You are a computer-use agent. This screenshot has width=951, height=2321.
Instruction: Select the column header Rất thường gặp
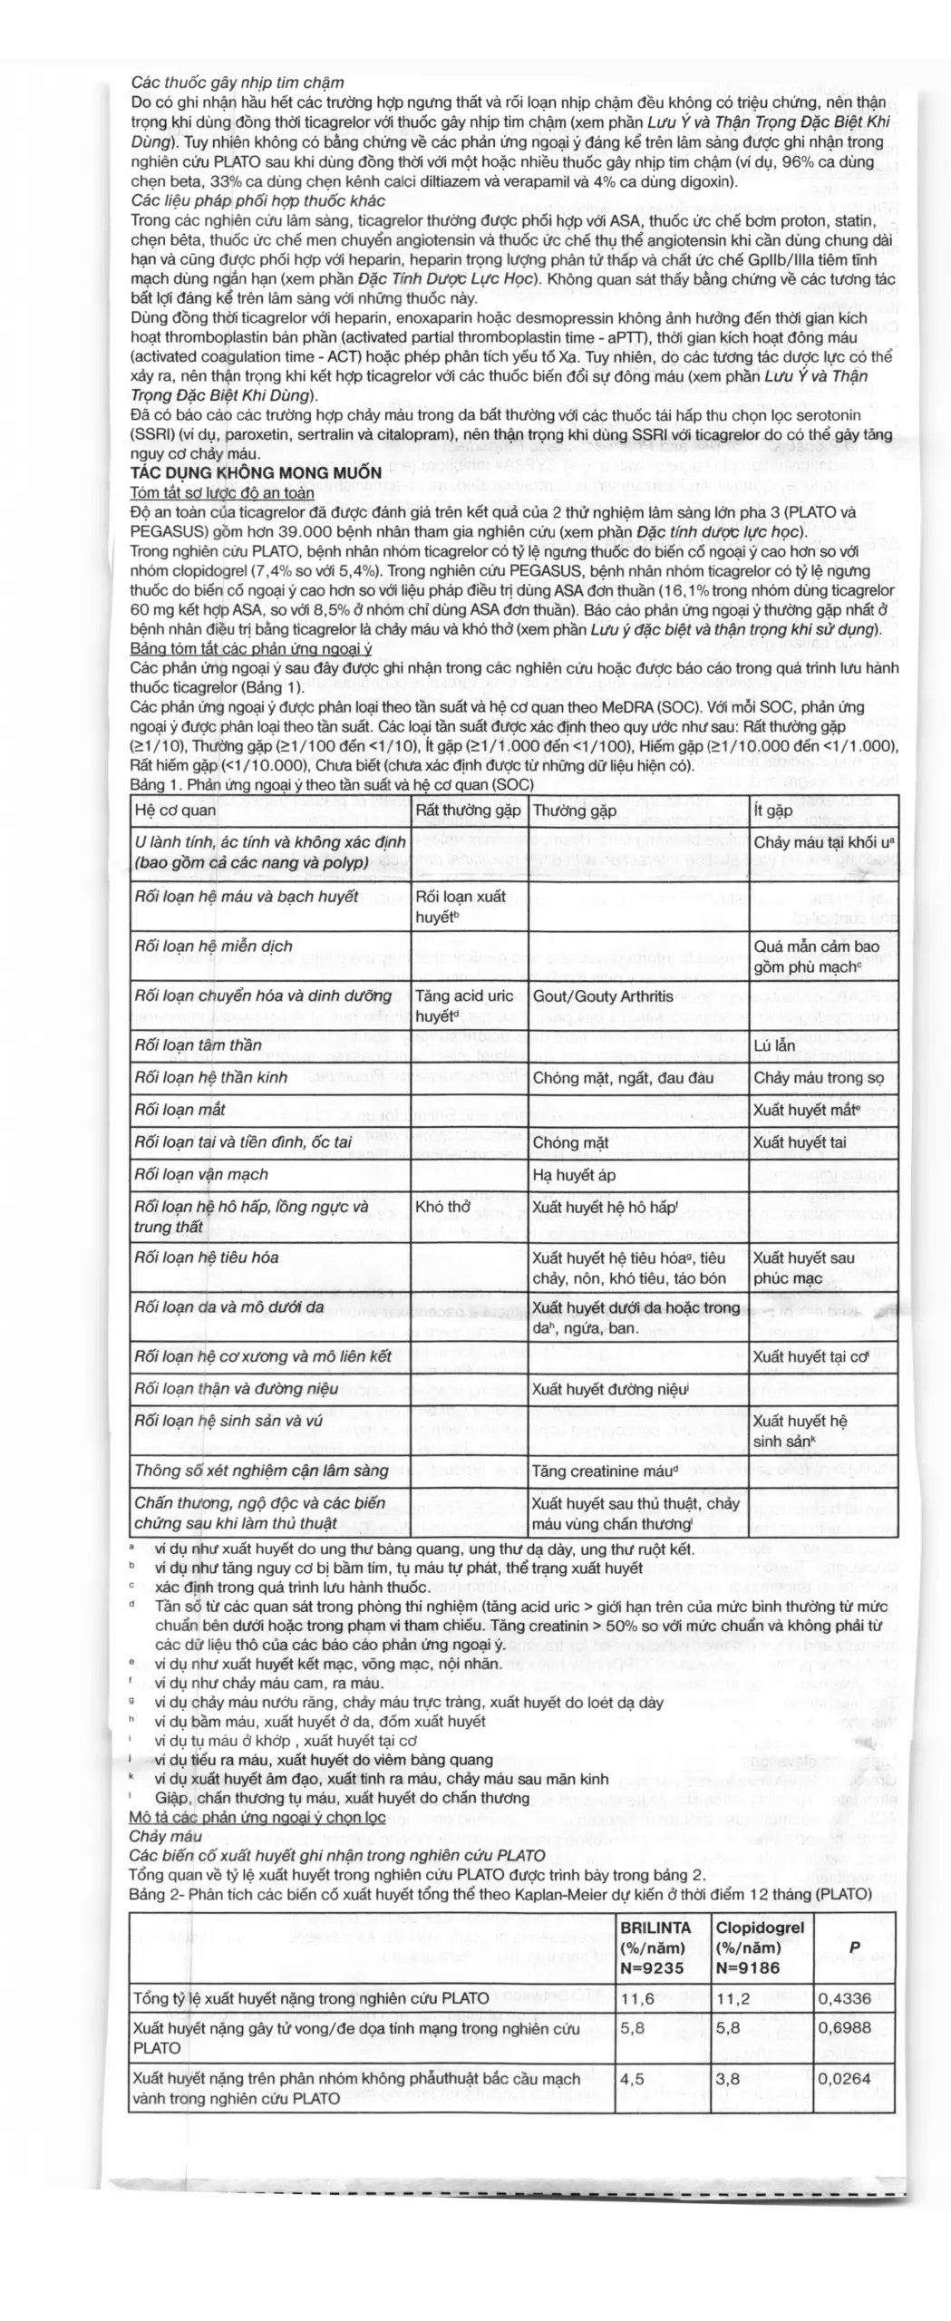pyautogui.click(x=468, y=810)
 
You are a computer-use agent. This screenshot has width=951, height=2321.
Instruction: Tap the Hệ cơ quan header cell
pyautogui.click(x=175, y=810)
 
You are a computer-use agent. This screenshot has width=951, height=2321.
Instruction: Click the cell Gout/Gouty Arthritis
pyautogui.click(x=603, y=995)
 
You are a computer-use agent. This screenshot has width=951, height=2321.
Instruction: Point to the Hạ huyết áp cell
pyautogui.click(x=575, y=1175)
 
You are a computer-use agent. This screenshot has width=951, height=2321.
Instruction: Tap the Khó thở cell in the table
pyautogui.click(x=443, y=1207)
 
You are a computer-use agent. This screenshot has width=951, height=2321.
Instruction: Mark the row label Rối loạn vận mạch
pyautogui.click(x=201, y=1174)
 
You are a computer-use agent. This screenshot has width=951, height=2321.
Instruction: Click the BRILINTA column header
pyautogui.click(x=655, y=1928)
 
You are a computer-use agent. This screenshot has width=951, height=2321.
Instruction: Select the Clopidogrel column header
pyautogui.click(x=760, y=1928)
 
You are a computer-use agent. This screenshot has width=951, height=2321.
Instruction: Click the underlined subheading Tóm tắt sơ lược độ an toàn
pyautogui.click(x=222, y=492)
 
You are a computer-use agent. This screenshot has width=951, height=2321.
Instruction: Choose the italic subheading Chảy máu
pyautogui.click(x=165, y=1836)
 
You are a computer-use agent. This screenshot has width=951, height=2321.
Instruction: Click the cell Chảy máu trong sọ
pyautogui.click(x=819, y=1078)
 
